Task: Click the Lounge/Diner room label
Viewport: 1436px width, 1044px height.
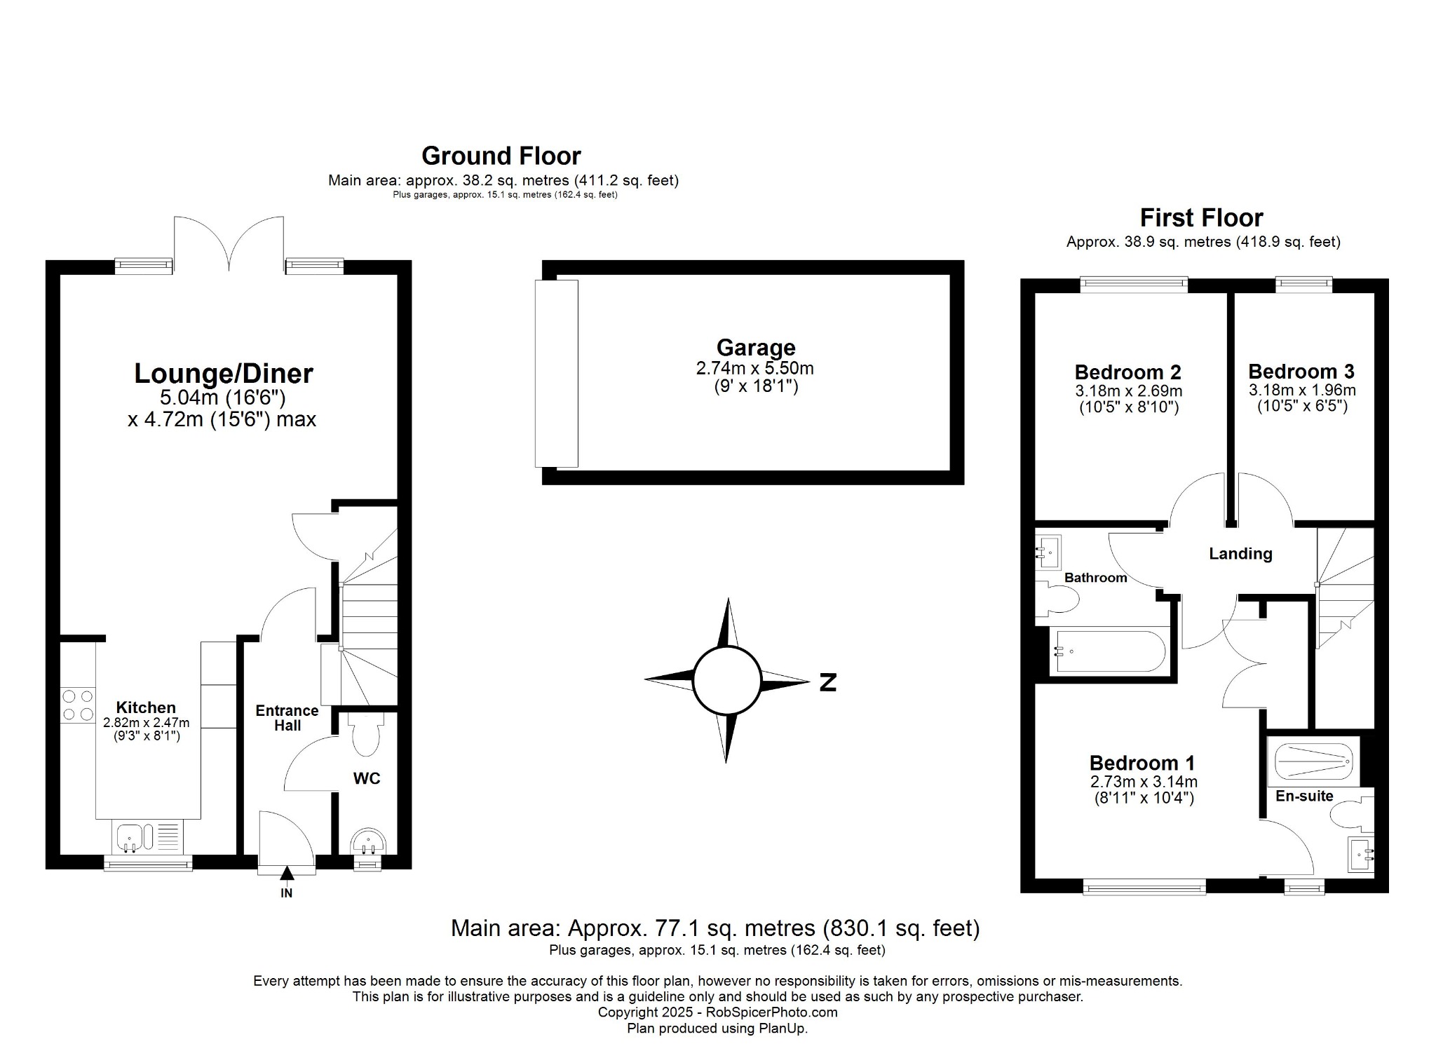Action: pyautogui.click(x=223, y=374)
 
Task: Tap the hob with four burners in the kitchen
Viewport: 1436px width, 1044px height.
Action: pyautogui.click(x=77, y=705)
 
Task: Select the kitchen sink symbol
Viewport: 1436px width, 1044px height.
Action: pyautogui.click(x=130, y=836)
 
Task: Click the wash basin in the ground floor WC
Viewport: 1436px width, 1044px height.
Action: pyautogui.click(x=367, y=841)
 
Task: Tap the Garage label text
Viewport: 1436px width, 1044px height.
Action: pyautogui.click(x=755, y=348)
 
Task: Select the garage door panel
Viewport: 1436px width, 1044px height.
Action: pyautogui.click(x=556, y=374)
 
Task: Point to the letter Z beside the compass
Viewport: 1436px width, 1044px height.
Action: pyautogui.click(x=827, y=682)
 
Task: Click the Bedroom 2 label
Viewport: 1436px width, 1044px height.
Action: pyautogui.click(x=1127, y=372)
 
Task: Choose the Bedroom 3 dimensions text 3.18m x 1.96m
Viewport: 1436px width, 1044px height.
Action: pyautogui.click(x=1301, y=391)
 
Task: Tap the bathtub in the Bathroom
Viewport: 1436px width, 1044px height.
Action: pyautogui.click(x=1111, y=652)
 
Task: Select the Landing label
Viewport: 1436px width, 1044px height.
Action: pyautogui.click(x=1240, y=554)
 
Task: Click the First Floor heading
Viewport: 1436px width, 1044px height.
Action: pyautogui.click(x=1201, y=218)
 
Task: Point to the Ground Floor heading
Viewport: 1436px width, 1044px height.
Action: pyautogui.click(x=501, y=156)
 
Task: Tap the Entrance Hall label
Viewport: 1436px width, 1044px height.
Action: pyautogui.click(x=287, y=718)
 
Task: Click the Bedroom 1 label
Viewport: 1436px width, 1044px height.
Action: pyautogui.click(x=1142, y=763)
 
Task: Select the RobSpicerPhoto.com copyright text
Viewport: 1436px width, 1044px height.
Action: pyautogui.click(x=717, y=1012)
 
